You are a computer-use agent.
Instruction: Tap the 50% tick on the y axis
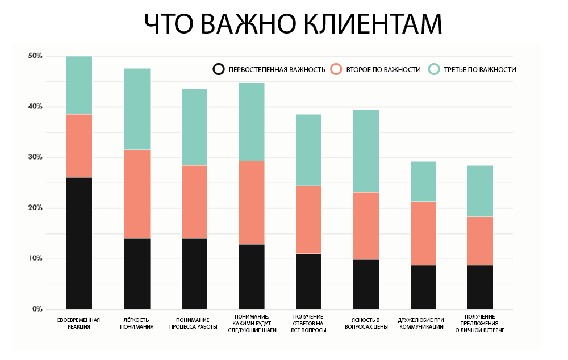point(35,56)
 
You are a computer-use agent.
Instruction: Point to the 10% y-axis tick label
point(35,258)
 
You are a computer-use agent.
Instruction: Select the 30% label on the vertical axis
point(35,157)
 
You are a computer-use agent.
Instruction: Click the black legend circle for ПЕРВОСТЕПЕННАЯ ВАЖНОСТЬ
point(218,69)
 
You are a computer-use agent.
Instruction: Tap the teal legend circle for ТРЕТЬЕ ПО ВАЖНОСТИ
point(435,69)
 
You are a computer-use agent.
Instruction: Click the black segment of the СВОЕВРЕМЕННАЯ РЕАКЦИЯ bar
point(79,243)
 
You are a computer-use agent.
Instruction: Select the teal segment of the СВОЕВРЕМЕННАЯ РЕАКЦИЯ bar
point(79,85)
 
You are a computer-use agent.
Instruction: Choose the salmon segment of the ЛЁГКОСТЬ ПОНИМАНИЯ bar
point(137,194)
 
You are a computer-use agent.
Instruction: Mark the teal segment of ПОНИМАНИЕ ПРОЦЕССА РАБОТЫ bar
point(194,127)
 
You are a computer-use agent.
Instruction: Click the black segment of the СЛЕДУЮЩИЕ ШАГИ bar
point(252,277)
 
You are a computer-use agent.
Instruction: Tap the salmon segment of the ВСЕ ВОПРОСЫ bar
point(309,220)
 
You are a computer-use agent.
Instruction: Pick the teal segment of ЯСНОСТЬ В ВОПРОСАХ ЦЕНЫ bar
point(366,151)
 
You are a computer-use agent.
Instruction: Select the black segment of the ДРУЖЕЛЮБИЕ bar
point(424,287)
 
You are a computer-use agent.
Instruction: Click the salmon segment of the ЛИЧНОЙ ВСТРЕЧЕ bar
point(481,241)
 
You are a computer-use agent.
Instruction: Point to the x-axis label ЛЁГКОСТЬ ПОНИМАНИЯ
point(137,323)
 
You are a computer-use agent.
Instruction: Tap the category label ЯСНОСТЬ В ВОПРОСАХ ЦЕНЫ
point(366,323)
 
